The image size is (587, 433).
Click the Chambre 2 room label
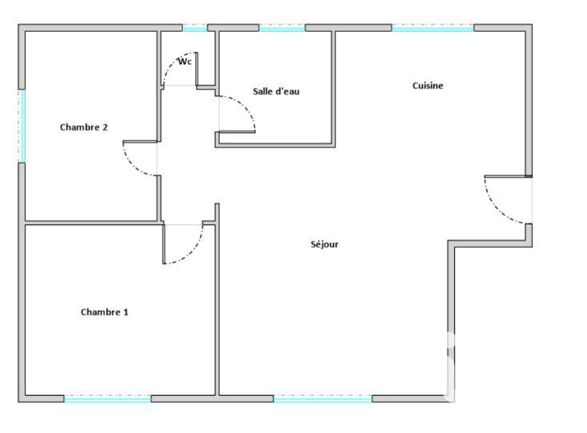coord(84,127)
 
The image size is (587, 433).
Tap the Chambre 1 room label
coord(104,312)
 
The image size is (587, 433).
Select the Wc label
coord(185,61)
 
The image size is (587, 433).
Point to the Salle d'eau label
coord(276,91)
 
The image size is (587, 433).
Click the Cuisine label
coord(428,86)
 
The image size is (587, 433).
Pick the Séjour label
coord(325,244)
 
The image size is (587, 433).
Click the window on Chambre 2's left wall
coord(23,126)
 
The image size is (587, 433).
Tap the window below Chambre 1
coord(107,399)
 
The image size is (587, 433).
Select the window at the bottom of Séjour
coord(323,399)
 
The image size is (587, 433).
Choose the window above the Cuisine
coord(433,28)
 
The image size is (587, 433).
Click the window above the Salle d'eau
coord(282,28)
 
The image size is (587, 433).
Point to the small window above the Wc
coord(195,28)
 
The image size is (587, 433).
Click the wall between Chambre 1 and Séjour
coord(217,299)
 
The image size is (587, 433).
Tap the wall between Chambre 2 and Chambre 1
coord(91,223)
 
